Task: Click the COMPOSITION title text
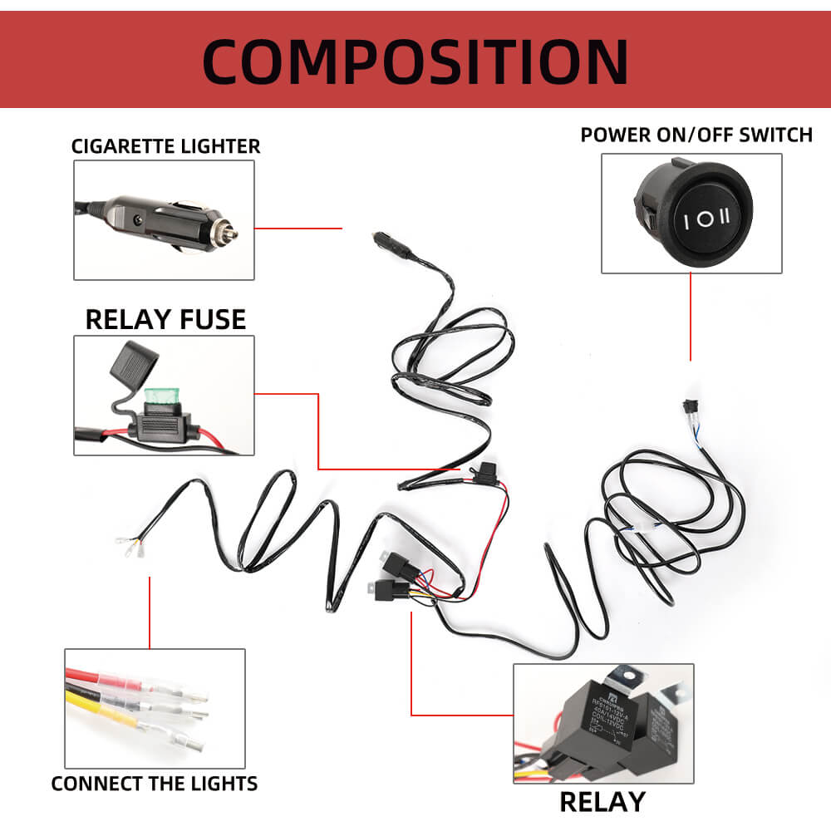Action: click(x=415, y=60)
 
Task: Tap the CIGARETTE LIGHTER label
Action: click(x=165, y=146)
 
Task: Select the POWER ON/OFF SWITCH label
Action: click(x=696, y=135)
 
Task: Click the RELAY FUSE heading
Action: click(x=165, y=319)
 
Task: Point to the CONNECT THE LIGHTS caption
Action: click(x=155, y=783)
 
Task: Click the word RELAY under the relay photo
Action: click(x=602, y=801)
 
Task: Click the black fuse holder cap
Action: click(x=134, y=362)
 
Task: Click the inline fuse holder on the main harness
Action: click(x=484, y=472)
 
